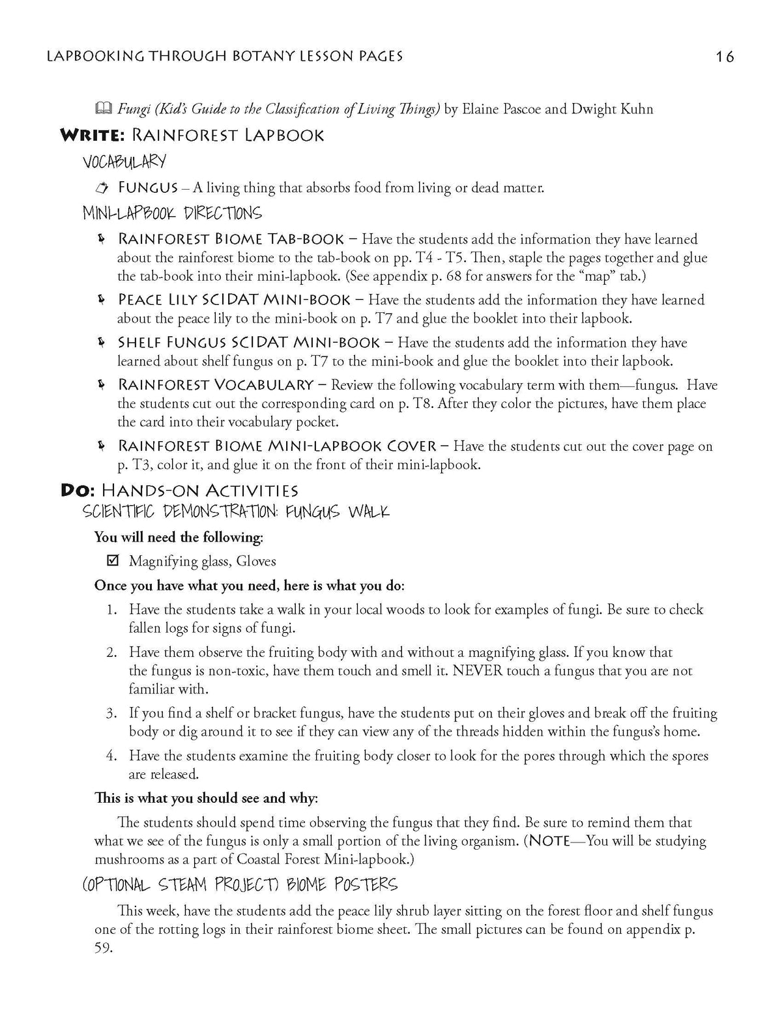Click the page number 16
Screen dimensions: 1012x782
[x=725, y=57]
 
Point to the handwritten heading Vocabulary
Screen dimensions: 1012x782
[x=124, y=161]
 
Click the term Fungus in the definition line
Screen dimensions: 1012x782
[x=148, y=188]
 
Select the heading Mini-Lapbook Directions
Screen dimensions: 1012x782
[x=172, y=213]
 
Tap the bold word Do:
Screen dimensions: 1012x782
[x=78, y=491]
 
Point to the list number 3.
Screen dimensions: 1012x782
[x=111, y=713]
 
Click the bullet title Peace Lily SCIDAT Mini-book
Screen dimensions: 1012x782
[x=234, y=300]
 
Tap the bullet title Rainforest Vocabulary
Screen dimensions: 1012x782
[x=216, y=385]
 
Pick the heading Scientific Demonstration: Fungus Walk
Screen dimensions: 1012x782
[x=236, y=512]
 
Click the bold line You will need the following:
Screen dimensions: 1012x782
[x=179, y=537]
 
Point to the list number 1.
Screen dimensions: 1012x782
[x=111, y=610]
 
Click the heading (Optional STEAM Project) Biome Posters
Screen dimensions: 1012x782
[x=240, y=884]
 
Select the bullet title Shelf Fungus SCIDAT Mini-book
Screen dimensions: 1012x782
[x=248, y=343]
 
